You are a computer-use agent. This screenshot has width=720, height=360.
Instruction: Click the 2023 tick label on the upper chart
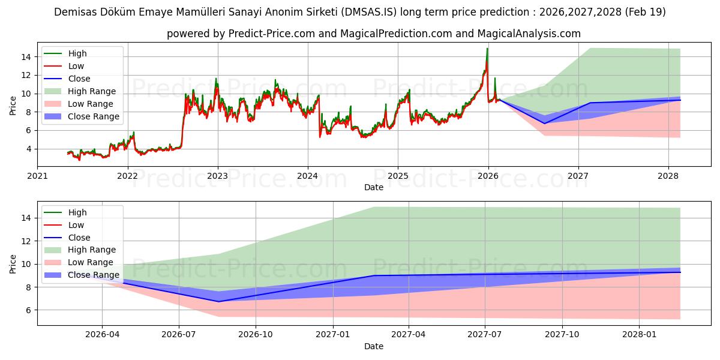(217, 176)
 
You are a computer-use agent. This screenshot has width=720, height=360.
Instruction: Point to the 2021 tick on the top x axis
(37, 176)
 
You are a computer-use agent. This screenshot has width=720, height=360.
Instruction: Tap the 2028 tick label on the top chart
(668, 176)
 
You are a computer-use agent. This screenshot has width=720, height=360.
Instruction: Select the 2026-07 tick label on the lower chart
(179, 334)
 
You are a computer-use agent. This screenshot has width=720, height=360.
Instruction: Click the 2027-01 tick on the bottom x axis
(333, 334)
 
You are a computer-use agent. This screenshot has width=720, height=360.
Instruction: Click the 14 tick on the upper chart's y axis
(26, 57)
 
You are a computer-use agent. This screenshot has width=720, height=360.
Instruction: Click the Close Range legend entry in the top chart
(94, 116)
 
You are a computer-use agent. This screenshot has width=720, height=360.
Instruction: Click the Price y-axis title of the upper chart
(13, 106)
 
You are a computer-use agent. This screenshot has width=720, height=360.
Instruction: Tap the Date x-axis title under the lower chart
(373, 346)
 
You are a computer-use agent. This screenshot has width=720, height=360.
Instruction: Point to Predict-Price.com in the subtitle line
(272, 34)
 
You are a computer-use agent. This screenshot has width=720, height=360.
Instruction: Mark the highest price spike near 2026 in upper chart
(487, 49)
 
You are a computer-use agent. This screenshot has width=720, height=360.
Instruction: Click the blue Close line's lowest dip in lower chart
(218, 301)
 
